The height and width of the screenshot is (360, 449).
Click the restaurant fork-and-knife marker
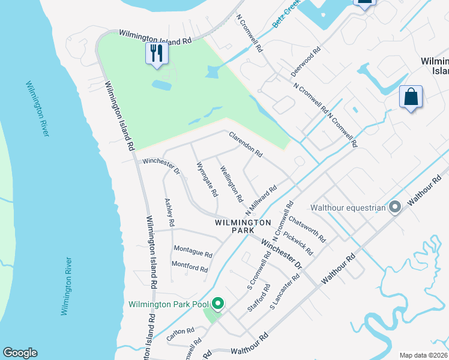[156, 53]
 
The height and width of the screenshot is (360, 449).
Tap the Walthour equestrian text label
[348, 208]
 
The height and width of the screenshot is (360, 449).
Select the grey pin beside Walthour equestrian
[395, 208]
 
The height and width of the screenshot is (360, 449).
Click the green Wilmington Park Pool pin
[218, 304]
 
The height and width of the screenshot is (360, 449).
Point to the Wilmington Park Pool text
[167, 304]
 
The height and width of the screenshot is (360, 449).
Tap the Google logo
[20, 353]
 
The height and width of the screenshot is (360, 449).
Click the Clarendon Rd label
[246, 145]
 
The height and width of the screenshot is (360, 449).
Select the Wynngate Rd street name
[206, 180]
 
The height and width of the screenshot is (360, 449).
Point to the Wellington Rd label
[231, 184]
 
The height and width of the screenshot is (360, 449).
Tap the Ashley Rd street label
[169, 212]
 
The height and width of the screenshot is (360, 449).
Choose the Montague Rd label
[193, 248]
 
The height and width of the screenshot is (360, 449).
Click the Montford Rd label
[190, 265]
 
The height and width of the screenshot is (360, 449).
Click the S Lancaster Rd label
[285, 292]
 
